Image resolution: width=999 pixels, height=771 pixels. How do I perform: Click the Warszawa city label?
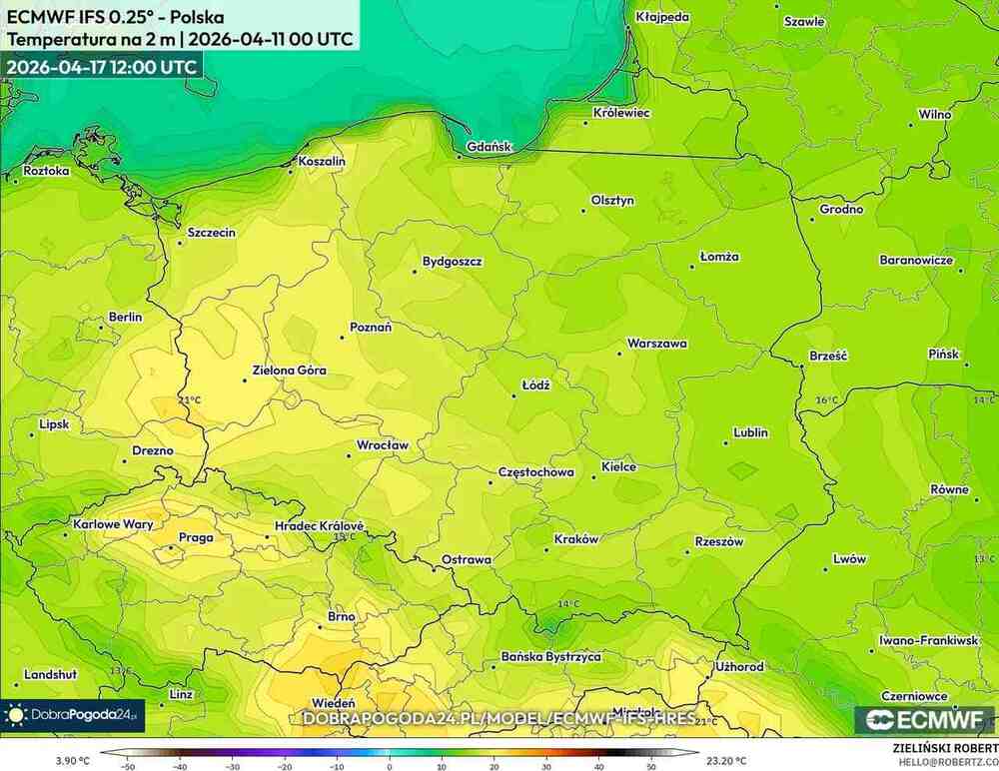(x=656, y=344)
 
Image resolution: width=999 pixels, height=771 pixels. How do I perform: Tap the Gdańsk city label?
(x=490, y=147)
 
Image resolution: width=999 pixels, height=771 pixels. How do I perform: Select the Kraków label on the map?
(x=576, y=539)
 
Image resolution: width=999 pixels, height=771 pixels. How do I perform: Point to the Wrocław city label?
(x=384, y=444)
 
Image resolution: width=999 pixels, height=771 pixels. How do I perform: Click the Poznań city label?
(x=371, y=328)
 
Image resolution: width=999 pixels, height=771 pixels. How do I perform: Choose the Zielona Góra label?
(x=290, y=371)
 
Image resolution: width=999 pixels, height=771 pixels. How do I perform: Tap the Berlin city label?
(x=125, y=318)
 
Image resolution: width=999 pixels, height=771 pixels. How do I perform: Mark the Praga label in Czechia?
(x=195, y=537)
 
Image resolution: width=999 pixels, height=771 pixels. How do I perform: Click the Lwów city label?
(x=850, y=559)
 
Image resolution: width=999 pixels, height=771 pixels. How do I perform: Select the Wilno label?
(x=935, y=114)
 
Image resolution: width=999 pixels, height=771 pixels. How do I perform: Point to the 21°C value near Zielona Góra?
(x=189, y=400)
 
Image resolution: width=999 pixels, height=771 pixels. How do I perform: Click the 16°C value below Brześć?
(x=826, y=399)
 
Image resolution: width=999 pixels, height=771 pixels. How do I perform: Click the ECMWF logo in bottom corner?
(x=924, y=720)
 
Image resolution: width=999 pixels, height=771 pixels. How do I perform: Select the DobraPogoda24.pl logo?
(x=72, y=715)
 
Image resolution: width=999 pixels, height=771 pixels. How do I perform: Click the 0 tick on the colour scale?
(x=389, y=766)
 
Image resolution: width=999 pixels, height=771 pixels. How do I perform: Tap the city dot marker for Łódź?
(x=514, y=395)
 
